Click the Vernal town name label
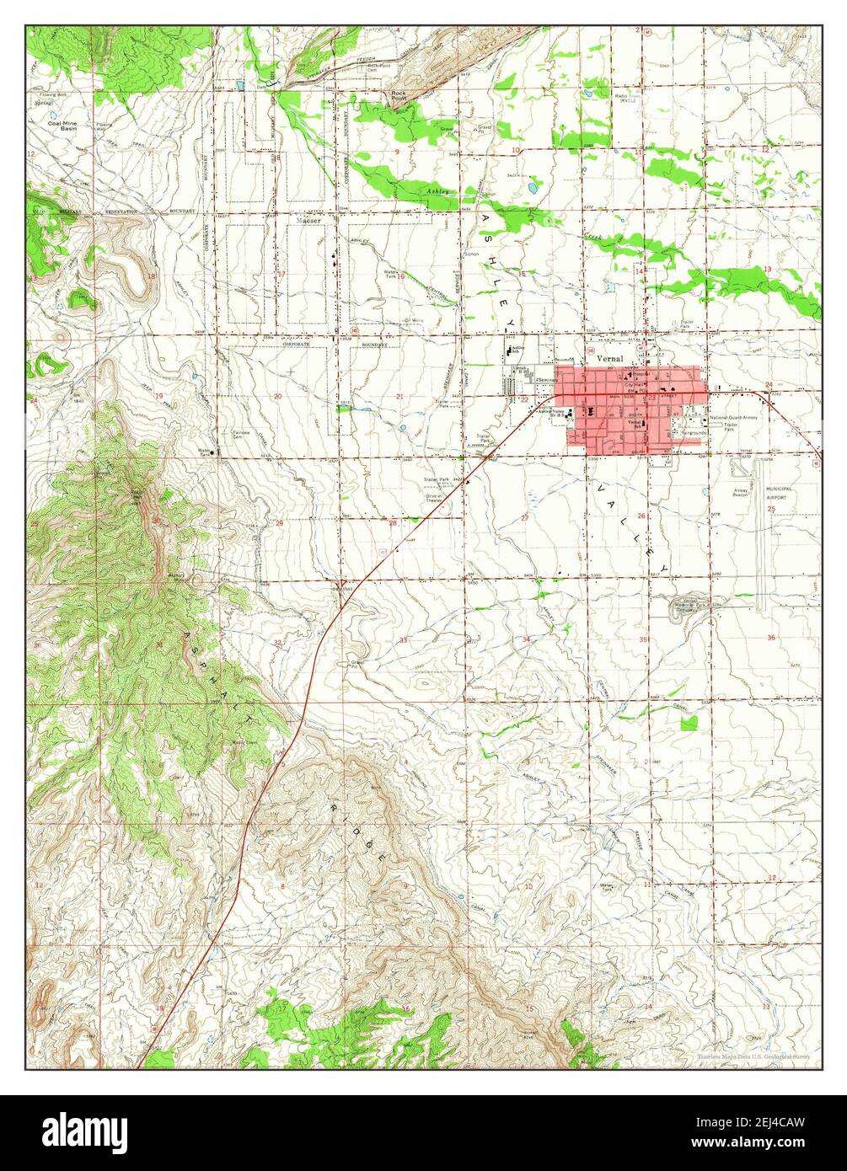click(x=608, y=358)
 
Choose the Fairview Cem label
click(x=244, y=435)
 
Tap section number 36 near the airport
click(x=770, y=638)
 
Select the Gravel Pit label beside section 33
click(x=357, y=664)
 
